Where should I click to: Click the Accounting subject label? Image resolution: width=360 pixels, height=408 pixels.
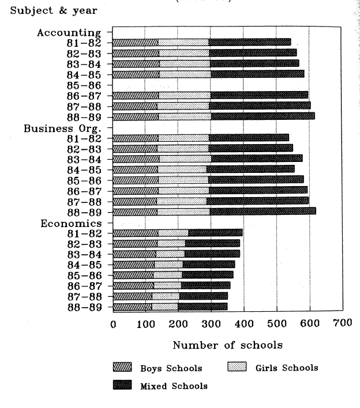pyautogui.click(x=69, y=32)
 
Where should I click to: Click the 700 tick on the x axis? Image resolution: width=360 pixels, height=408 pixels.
pyautogui.click(x=342, y=324)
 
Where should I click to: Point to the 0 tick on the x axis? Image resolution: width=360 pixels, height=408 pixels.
pyautogui.click(x=113, y=324)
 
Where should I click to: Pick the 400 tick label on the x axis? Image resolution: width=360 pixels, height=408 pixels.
pyautogui.click(x=244, y=324)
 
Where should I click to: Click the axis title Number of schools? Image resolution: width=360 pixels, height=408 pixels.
pyautogui.click(x=227, y=345)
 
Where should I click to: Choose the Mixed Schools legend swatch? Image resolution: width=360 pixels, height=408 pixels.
pyautogui.click(x=122, y=386)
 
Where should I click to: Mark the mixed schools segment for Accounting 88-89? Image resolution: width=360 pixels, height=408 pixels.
pyautogui.click(x=262, y=116)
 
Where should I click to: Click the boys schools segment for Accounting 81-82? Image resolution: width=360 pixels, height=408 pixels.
pyautogui.click(x=135, y=42)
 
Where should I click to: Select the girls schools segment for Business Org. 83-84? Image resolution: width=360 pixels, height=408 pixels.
pyautogui.click(x=185, y=158)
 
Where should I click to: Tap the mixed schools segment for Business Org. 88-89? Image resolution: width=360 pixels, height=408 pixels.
pyautogui.click(x=262, y=211)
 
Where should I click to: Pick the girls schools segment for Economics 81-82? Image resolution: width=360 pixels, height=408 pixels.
pyautogui.click(x=173, y=233)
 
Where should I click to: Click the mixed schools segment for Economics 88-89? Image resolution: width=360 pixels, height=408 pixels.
pyautogui.click(x=202, y=307)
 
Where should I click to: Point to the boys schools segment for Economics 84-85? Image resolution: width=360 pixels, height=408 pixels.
pyautogui.click(x=133, y=265)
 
